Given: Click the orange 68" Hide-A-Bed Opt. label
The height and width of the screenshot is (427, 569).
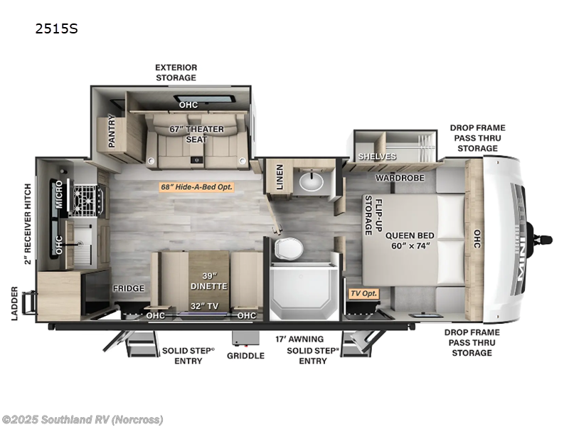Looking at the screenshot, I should point(196,187).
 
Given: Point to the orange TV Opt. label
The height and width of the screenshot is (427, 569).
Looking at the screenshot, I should point(363,292).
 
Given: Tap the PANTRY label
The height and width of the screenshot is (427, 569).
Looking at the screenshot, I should point(112,132).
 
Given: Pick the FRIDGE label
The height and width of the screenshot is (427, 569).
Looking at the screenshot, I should point(128,288).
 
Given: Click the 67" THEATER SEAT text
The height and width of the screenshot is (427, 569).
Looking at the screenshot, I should point(196,134).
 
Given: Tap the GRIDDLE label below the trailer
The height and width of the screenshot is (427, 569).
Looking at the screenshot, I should point(245,355).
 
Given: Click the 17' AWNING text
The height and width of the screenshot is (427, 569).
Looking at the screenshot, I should point(299,339).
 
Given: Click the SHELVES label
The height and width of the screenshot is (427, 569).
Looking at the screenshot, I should point(377,157).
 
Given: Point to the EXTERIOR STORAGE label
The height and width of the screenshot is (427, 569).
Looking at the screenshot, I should point(176,72).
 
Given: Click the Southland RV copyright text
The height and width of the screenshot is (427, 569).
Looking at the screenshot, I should point(83,419).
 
